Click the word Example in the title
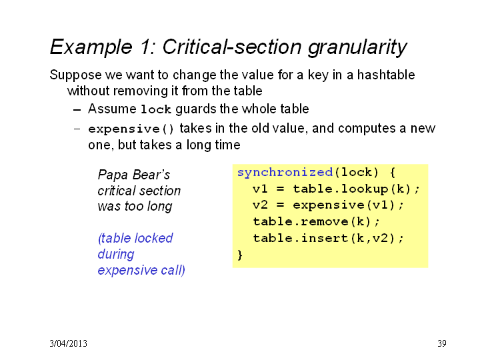[x=91, y=47]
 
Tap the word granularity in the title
[x=357, y=47]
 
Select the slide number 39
[x=442, y=343]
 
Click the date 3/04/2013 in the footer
[x=68, y=343]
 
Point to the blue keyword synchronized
[x=285, y=173]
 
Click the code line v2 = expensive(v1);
[x=328, y=205]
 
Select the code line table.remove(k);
[x=316, y=221]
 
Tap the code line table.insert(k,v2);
[x=328, y=238]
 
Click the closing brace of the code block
[x=240, y=255]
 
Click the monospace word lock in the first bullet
[x=155, y=109]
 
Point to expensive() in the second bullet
[x=131, y=129]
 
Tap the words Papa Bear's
[x=134, y=175]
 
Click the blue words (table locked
[x=135, y=238]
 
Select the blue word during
[x=116, y=255]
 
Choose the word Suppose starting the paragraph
[x=75, y=75]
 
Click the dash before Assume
[x=77, y=110]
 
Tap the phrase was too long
[x=135, y=207]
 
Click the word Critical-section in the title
[x=232, y=47]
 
